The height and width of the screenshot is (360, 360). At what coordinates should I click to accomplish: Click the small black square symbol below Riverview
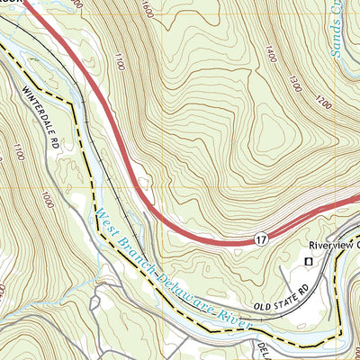pos(309,261)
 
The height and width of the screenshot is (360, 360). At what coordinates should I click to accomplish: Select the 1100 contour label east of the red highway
pos(119,62)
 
